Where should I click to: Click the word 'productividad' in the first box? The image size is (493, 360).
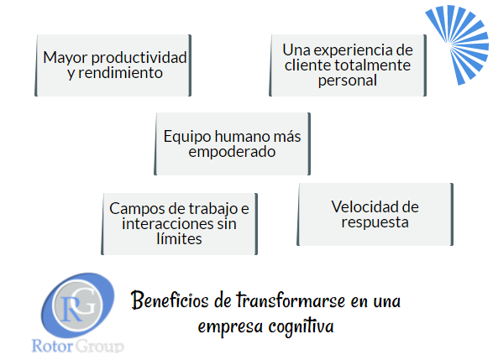[139, 58]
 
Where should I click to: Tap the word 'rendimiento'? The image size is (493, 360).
[120, 73]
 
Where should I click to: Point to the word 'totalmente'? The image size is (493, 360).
[372, 65]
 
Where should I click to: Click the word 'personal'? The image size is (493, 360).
[348, 81]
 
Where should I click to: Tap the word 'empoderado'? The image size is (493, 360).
[232, 153]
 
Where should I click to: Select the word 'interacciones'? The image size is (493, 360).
[165, 224]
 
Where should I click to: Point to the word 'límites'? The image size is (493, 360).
[179, 239]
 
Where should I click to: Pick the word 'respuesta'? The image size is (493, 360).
[375, 222]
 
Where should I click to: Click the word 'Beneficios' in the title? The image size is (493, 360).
[170, 300]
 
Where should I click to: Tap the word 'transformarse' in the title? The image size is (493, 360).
[291, 300]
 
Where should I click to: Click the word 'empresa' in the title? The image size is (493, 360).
[230, 327]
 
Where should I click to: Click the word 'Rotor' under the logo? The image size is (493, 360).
[52, 347]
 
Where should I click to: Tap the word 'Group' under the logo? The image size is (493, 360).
[100, 347]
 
